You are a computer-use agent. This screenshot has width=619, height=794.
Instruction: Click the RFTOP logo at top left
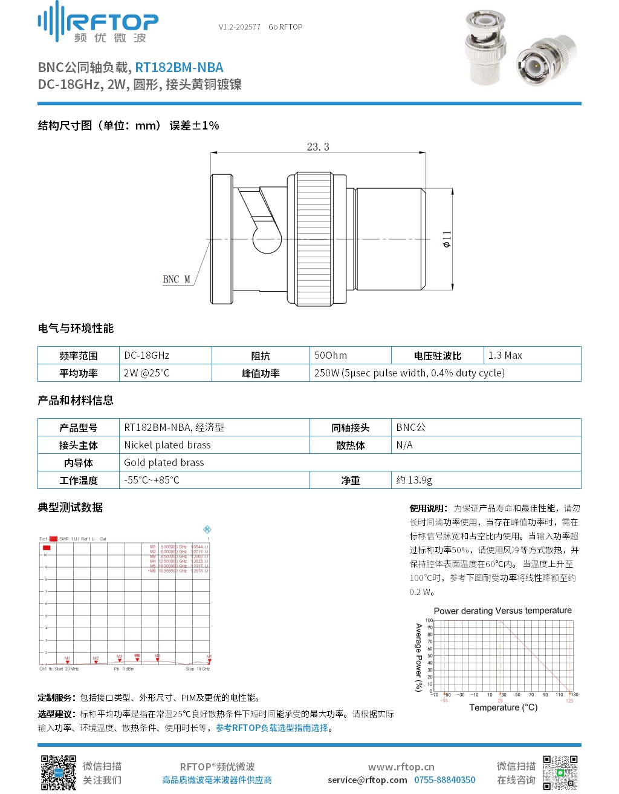click(98, 23)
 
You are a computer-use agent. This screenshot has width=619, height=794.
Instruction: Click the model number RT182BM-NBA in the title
click(179, 67)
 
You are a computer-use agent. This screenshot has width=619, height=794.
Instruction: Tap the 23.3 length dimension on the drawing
click(318, 147)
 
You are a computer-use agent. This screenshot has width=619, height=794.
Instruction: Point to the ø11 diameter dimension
click(447, 239)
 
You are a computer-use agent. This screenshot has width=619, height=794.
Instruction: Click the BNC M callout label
click(177, 279)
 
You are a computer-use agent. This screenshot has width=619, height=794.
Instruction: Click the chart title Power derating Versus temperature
click(502, 611)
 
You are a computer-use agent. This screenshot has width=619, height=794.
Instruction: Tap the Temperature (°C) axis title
click(503, 707)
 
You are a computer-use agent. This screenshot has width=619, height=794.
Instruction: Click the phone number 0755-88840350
click(444, 780)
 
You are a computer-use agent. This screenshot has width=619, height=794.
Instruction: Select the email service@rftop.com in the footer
click(367, 780)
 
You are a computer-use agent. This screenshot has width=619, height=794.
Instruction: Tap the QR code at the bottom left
click(58, 772)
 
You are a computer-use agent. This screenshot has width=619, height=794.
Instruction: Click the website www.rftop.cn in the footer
click(401, 767)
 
